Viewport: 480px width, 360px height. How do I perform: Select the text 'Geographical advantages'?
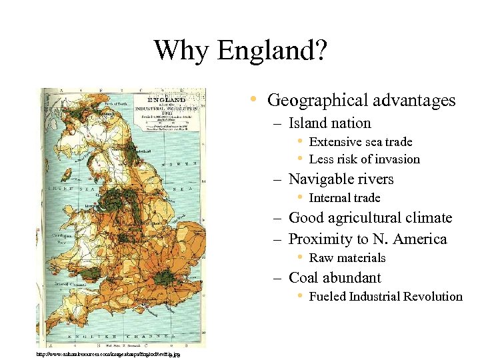click(x=361, y=101)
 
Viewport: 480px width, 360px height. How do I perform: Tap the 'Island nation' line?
click(x=329, y=123)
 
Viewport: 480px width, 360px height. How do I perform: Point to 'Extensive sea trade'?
click(x=361, y=142)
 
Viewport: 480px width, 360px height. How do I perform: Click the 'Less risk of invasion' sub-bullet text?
click(x=365, y=159)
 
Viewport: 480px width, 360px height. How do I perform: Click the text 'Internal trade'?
click(x=345, y=198)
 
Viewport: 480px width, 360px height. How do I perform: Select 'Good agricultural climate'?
click(x=370, y=218)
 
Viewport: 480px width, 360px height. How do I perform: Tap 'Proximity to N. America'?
click(x=367, y=239)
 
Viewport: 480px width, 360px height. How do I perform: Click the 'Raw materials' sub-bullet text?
click(x=347, y=258)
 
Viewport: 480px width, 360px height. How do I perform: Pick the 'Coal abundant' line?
click(x=335, y=278)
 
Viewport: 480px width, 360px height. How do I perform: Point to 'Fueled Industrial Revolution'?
click(x=385, y=297)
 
